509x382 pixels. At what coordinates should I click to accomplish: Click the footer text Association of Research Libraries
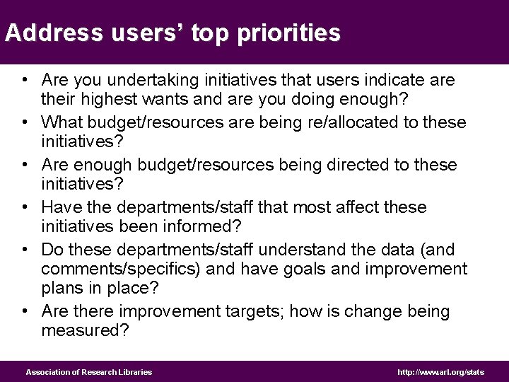point(89,371)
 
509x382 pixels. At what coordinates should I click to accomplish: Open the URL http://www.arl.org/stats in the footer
point(441,371)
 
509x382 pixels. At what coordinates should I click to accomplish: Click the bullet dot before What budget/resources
point(25,122)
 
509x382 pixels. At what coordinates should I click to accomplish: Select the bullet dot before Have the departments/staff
point(25,207)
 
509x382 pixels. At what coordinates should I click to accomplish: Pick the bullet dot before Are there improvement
point(25,311)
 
